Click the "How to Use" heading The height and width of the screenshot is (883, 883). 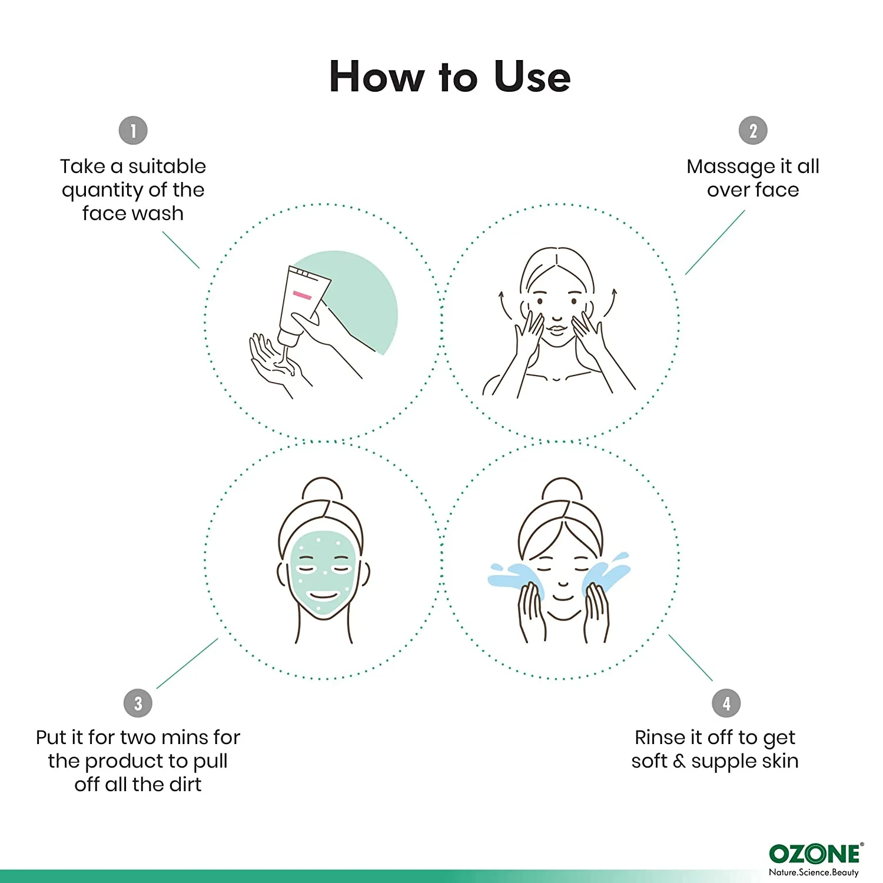450,77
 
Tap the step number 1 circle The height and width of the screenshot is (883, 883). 133,131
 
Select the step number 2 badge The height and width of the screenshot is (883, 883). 753,131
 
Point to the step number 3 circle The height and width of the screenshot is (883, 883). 138,703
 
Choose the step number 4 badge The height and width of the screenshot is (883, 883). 726,703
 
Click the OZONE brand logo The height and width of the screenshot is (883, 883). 815,854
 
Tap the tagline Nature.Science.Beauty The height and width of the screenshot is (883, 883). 814,872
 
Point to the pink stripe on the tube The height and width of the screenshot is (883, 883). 302,295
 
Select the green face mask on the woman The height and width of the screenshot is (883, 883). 323,574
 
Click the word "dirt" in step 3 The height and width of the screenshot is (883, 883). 185,784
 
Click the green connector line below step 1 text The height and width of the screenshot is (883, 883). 181,250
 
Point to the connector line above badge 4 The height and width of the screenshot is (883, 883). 691,658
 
